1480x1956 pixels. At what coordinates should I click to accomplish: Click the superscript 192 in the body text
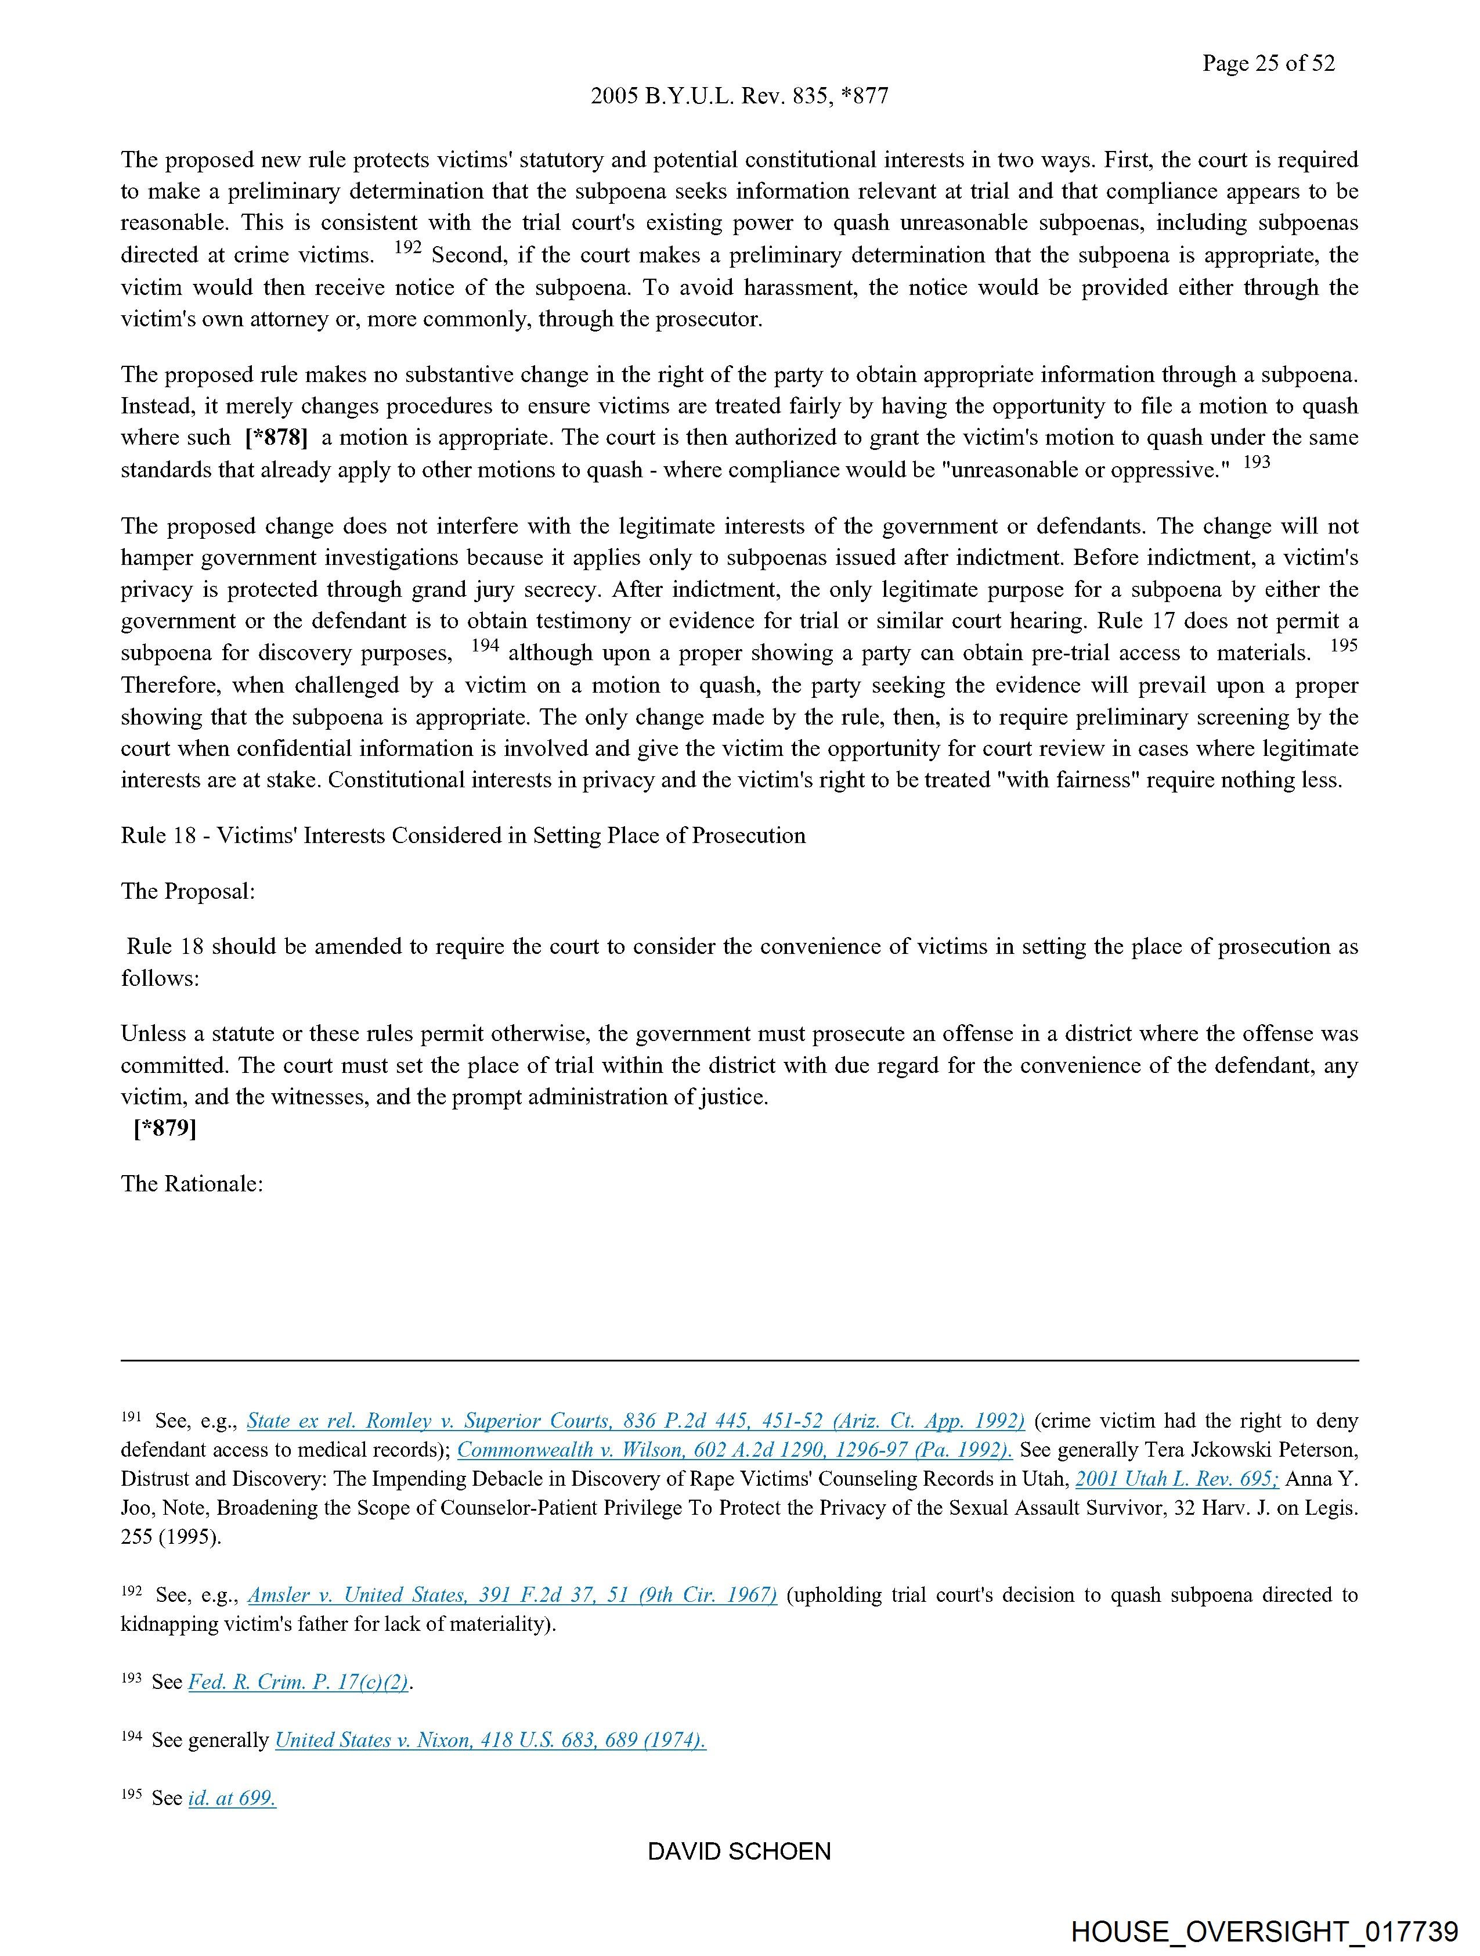click(x=407, y=248)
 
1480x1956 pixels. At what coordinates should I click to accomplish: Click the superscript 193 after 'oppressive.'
click(x=1257, y=462)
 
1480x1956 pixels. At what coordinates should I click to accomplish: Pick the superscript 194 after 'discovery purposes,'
click(x=485, y=646)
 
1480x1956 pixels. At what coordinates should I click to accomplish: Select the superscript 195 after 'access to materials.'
click(x=1343, y=646)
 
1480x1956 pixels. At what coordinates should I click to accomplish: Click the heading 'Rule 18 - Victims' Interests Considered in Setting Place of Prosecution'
click(x=463, y=835)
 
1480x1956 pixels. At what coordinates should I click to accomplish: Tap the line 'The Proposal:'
click(x=187, y=891)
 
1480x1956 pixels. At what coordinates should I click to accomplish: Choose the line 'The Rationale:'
click(x=192, y=1183)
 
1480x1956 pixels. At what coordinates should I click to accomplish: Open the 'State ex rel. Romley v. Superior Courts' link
click(x=635, y=1421)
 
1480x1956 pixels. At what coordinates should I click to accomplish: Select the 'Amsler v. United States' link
click(x=512, y=1595)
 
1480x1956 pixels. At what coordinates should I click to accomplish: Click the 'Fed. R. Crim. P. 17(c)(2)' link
click(x=298, y=1682)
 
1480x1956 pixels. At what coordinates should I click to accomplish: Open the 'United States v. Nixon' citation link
click(x=490, y=1740)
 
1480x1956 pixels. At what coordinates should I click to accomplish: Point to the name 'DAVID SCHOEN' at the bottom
click(x=739, y=1851)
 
